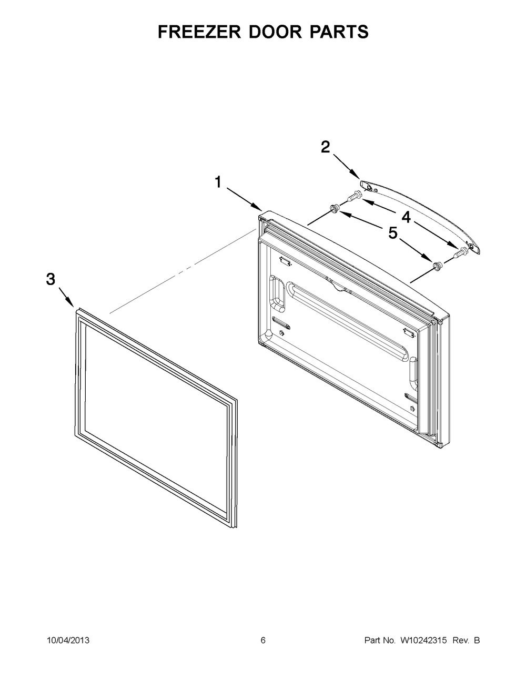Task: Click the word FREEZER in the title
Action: coord(199,32)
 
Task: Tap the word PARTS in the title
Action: coord(339,32)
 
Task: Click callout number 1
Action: coord(218,182)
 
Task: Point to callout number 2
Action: coord(326,147)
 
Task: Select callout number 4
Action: coord(406,217)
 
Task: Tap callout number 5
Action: coord(393,233)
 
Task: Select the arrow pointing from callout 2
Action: coord(346,166)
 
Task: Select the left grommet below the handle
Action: coord(333,209)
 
